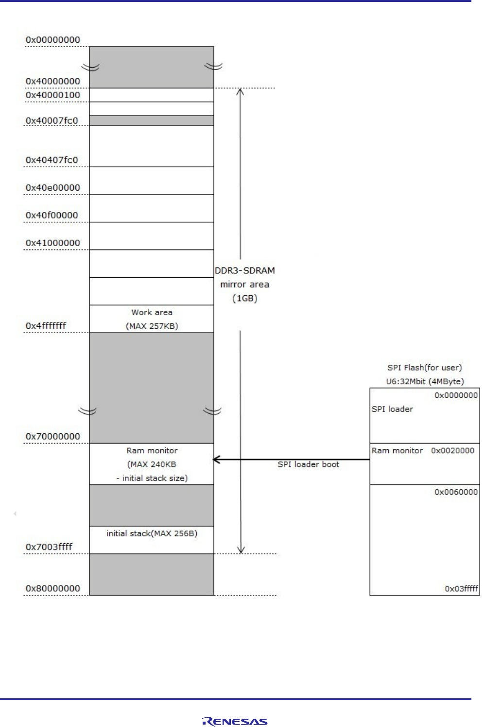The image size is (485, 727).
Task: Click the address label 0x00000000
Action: [x=52, y=40]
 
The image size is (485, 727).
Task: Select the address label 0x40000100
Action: [x=52, y=95]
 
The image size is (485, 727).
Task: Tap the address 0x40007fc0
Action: [x=52, y=121]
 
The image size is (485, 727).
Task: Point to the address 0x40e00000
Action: [x=52, y=188]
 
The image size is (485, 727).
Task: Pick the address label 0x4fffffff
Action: [x=46, y=326]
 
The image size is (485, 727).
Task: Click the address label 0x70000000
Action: [x=52, y=436]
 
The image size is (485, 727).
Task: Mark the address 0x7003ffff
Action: [x=49, y=547]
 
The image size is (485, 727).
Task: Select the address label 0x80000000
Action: [x=52, y=588]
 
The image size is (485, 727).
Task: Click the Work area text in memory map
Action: [x=152, y=312]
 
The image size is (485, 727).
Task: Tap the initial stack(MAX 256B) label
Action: [x=152, y=533]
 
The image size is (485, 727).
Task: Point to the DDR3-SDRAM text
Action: [x=244, y=270]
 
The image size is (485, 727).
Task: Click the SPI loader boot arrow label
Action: [x=308, y=464]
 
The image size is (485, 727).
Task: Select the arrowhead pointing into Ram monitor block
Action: [x=216, y=460]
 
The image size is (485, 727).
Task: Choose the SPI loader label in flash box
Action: [x=392, y=409]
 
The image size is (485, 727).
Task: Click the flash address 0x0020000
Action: [x=452, y=450]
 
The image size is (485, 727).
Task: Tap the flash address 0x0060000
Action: [x=456, y=492]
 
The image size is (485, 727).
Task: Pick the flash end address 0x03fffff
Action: [x=461, y=588]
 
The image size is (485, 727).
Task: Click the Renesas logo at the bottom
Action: [x=235, y=722]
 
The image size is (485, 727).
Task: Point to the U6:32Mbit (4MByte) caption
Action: [x=425, y=381]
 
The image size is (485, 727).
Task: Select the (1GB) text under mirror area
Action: [x=244, y=298]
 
